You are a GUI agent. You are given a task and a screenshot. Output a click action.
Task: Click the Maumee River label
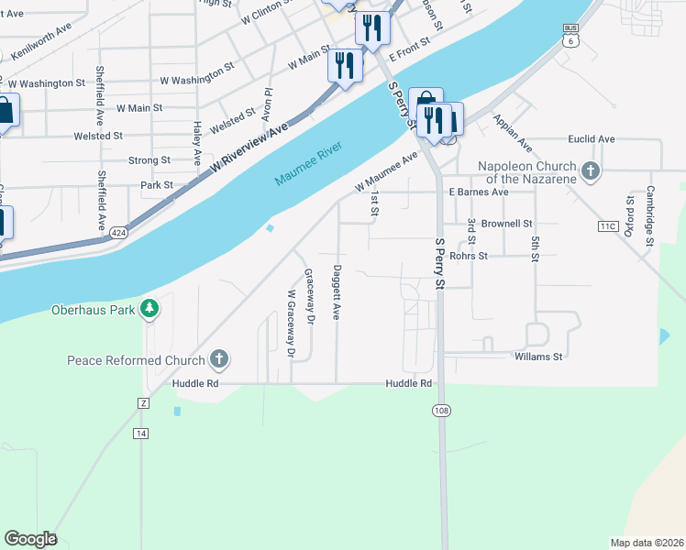coord(309,164)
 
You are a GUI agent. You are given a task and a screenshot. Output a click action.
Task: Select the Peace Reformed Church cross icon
coord(218,359)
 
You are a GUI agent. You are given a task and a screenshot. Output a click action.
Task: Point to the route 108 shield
coord(441,412)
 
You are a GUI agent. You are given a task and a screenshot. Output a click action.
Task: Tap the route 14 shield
coord(140,433)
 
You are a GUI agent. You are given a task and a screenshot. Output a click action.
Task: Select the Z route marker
coord(142,403)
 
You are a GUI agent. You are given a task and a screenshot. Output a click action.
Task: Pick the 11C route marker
coord(607,225)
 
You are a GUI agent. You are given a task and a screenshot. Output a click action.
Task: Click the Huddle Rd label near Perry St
coord(408,383)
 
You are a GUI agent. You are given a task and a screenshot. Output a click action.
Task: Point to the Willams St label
coord(537,355)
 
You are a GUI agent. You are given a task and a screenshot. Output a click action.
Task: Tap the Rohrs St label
coord(493,256)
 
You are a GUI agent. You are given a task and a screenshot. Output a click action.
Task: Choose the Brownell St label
coord(506,223)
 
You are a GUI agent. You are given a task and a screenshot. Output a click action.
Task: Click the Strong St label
coord(149,159)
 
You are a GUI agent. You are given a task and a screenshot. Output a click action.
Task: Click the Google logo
coord(30,539)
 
